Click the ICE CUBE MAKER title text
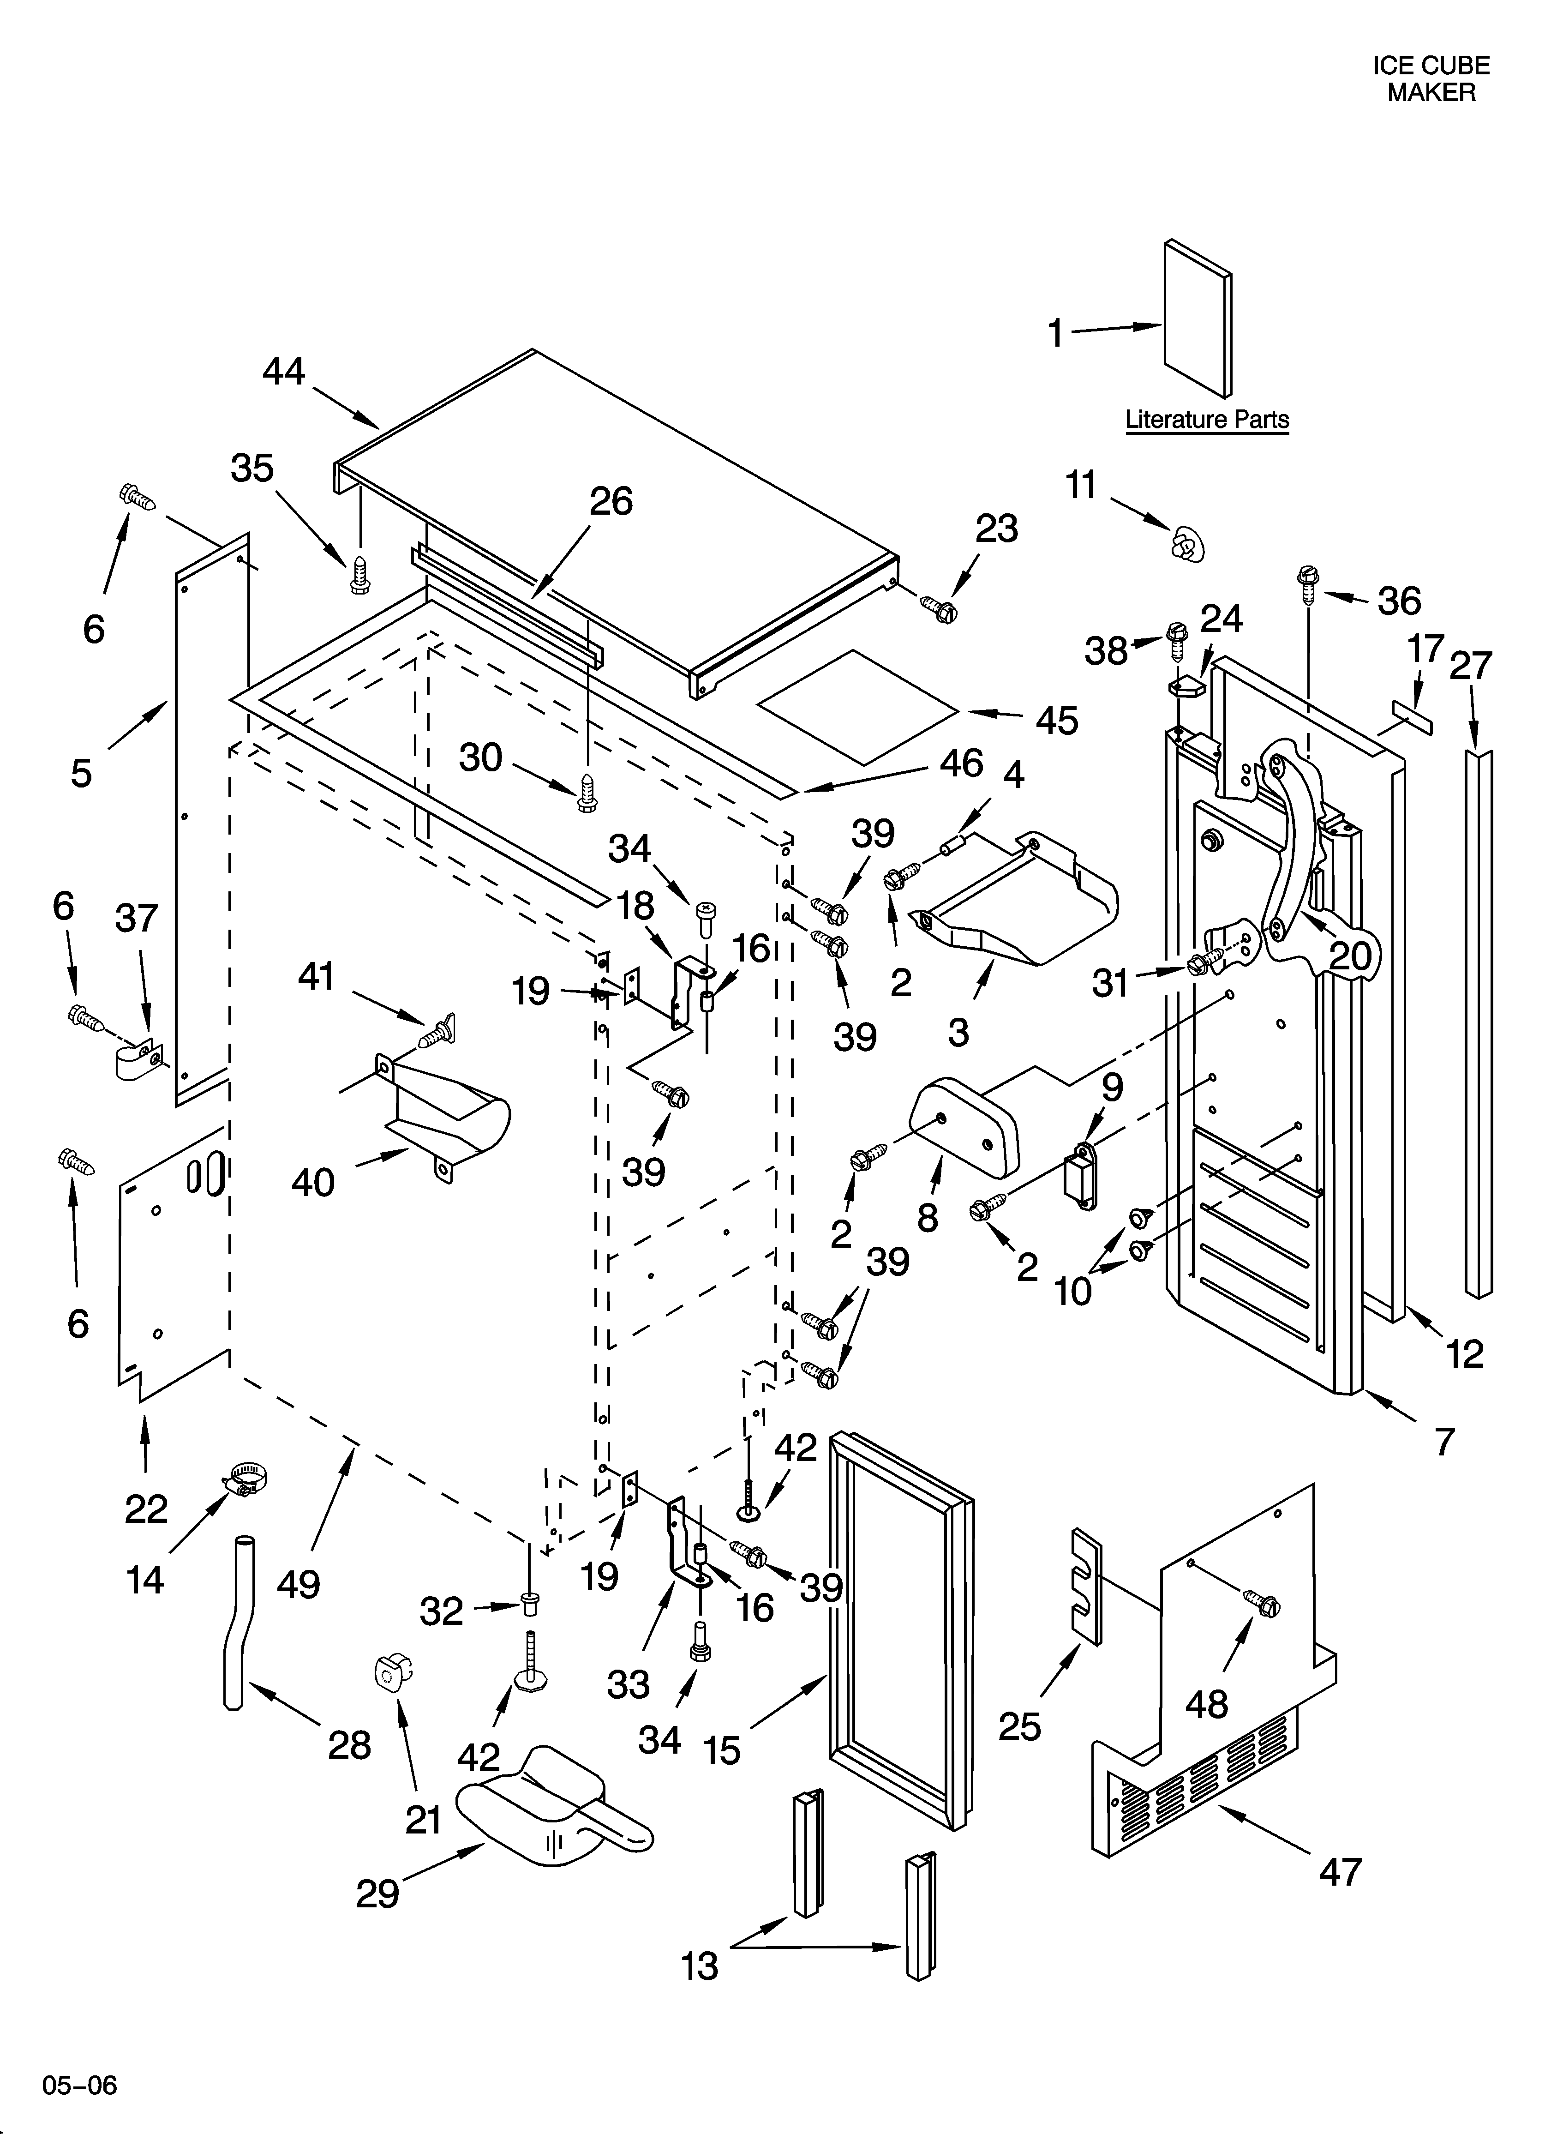point(1430,79)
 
